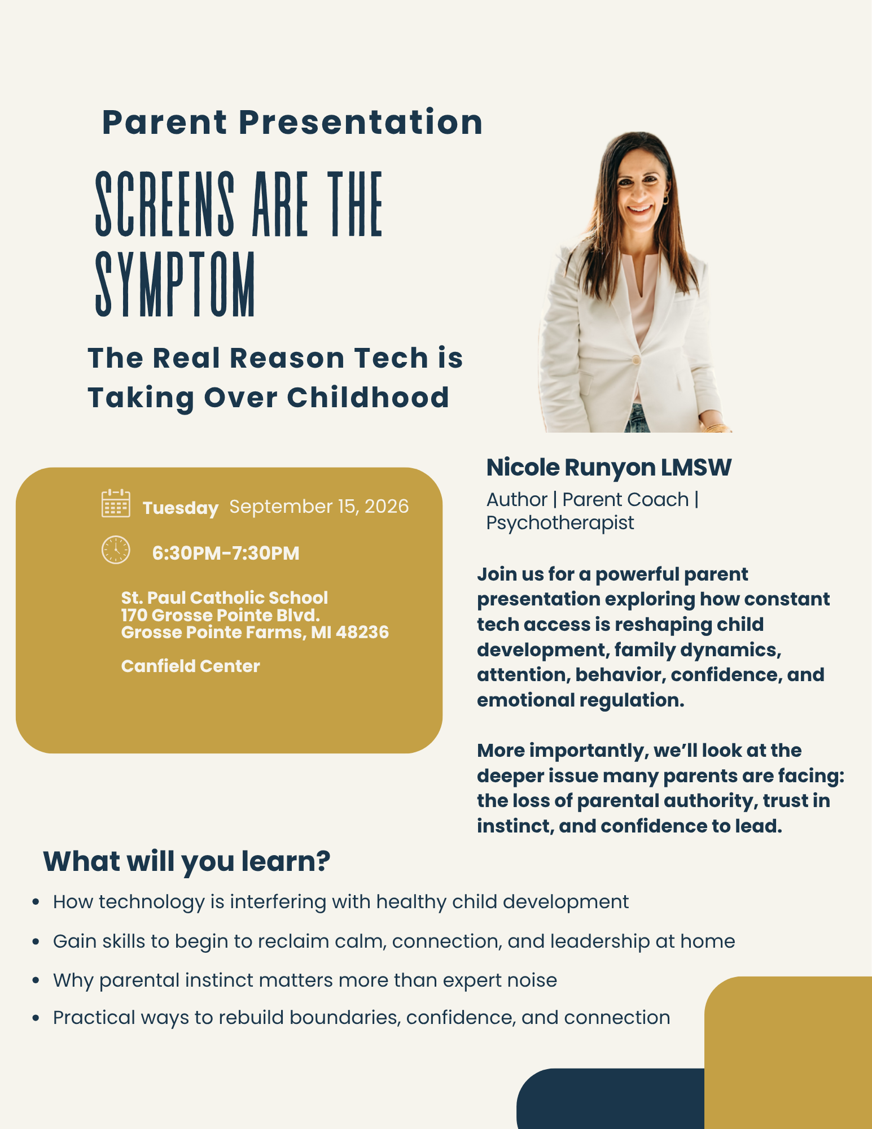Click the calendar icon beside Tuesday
tap(116, 503)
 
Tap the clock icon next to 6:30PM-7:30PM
tap(116, 550)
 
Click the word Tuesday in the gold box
tap(181, 508)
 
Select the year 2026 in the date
tap(387, 506)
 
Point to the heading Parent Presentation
tap(292, 122)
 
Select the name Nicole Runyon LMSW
tap(608, 468)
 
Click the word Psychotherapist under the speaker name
tap(560, 523)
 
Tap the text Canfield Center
tap(191, 666)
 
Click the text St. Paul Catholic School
tap(225, 598)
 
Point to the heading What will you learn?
tap(187, 861)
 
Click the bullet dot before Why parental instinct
tap(36, 981)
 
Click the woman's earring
tap(665, 199)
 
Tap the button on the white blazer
tap(636, 360)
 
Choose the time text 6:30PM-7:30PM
tap(226, 553)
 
